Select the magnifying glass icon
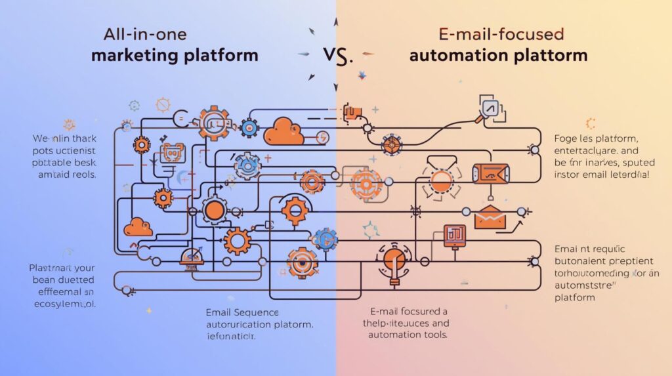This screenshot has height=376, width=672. [490, 108]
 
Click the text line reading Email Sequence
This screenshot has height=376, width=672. [242, 312]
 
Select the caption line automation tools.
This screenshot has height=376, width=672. [408, 334]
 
